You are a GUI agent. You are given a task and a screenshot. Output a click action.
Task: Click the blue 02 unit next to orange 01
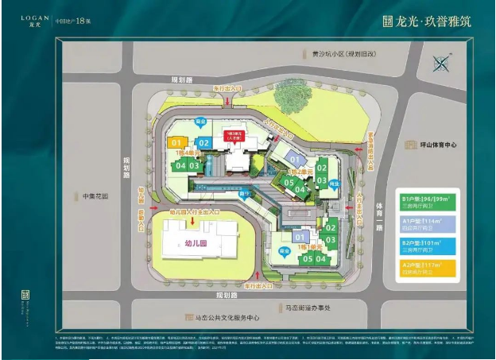click(x=203, y=143)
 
